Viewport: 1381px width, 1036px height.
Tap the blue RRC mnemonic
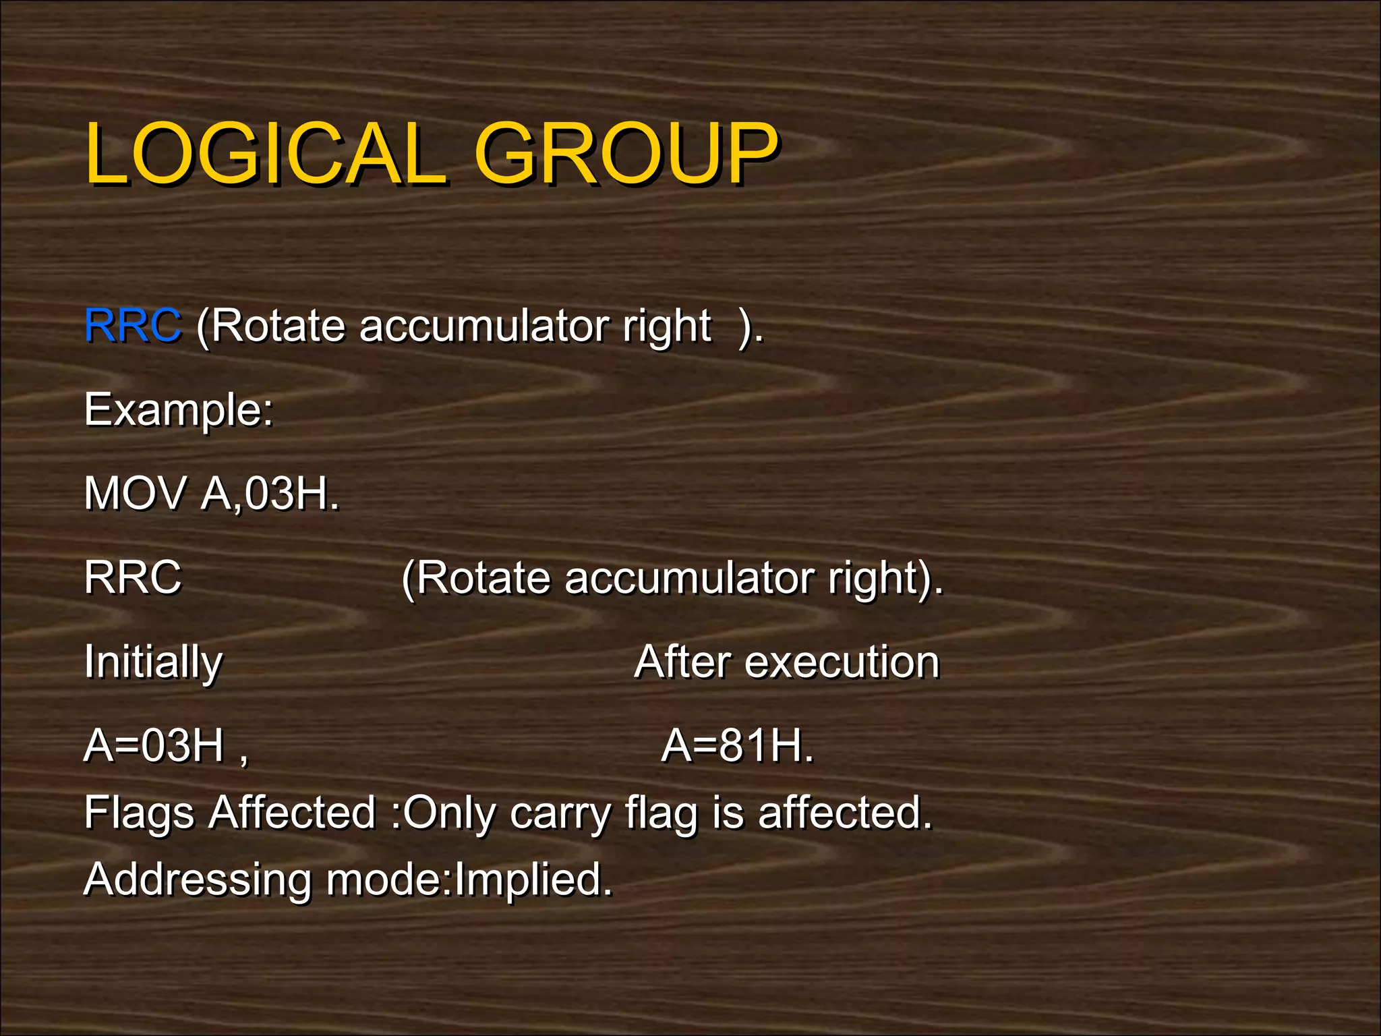click(133, 326)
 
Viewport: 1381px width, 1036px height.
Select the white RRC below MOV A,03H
click(133, 578)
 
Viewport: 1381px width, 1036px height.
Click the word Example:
click(179, 410)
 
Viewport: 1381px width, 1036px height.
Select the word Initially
click(153, 662)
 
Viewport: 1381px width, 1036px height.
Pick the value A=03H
click(154, 746)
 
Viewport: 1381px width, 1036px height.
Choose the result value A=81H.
click(738, 746)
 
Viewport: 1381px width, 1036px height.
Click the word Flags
click(140, 813)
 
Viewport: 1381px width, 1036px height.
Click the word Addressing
click(198, 881)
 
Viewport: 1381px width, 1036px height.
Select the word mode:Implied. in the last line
click(469, 880)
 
